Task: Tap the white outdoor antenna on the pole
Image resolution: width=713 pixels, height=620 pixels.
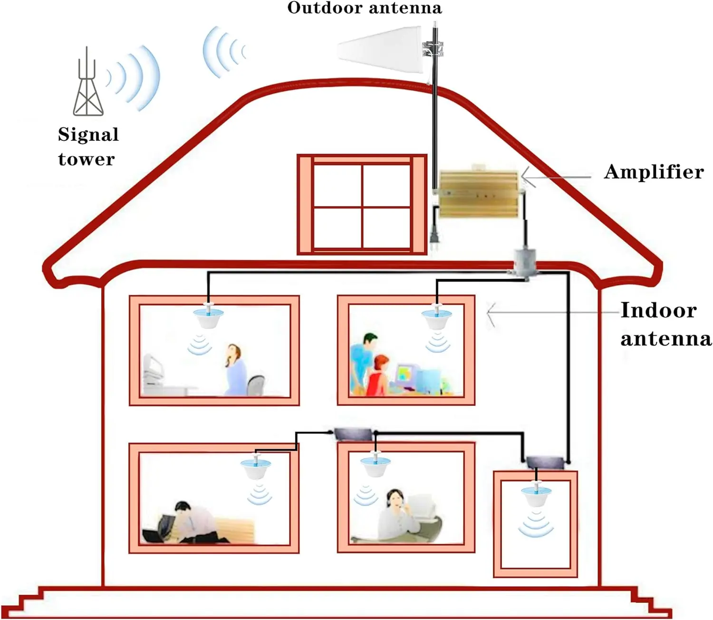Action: click(x=380, y=51)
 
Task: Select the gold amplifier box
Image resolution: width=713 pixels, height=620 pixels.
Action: click(x=478, y=194)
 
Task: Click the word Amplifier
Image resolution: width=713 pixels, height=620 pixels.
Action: click(x=654, y=172)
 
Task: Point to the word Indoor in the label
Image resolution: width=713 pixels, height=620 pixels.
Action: click(x=658, y=310)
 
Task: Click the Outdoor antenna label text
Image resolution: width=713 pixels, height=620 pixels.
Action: click(x=365, y=8)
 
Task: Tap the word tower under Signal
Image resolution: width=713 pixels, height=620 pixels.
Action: click(x=87, y=159)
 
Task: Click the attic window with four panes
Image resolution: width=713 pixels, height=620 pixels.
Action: click(x=362, y=205)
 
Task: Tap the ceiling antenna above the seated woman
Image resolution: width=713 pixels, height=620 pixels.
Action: click(x=209, y=316)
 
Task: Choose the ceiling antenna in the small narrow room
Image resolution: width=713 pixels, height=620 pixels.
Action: click(x=536, y=495)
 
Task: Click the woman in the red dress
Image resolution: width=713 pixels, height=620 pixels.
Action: click(x=377, y=376)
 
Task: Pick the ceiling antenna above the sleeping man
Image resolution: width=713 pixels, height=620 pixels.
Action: click(x=257, y=467)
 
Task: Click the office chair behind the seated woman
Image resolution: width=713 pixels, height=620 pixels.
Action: click(x=256, y=384)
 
